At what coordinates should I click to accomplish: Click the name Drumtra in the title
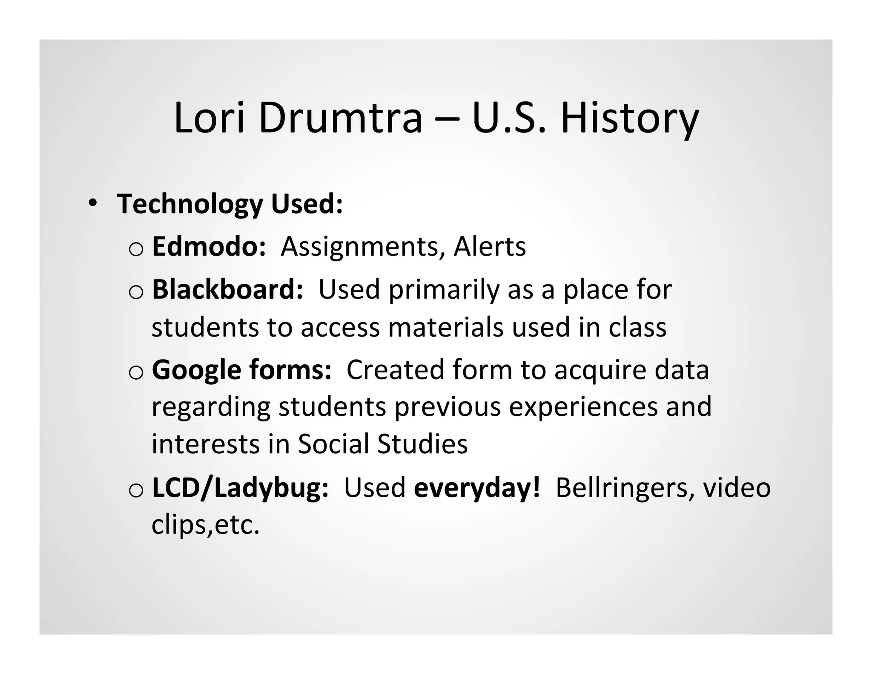340,118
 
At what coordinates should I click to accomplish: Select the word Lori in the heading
210,118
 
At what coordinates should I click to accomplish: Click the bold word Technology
190,205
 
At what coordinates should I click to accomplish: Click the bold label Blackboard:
227,289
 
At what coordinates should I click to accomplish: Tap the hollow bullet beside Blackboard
136,292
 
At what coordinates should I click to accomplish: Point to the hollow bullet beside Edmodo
136,250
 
